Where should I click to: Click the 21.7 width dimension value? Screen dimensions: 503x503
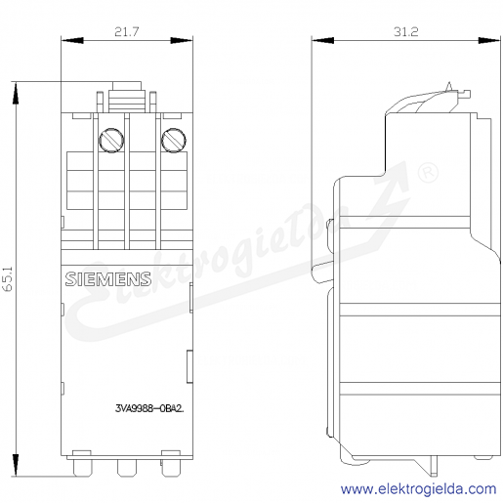(127, 32)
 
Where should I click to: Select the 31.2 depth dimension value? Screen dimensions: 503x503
(405, 32)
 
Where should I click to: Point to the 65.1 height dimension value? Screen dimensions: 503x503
(8, 279)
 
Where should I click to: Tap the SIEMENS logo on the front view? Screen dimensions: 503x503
(108, 279)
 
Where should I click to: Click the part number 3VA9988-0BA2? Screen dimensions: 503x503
(149, 408)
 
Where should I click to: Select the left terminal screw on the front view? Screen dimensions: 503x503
(111, 141)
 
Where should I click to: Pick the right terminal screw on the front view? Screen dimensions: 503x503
(174, 141)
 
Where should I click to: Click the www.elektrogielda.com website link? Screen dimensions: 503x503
(419, 489)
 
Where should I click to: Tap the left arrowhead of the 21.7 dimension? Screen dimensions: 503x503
(72, 40)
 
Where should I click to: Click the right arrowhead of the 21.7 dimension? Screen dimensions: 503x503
(182, 40)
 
